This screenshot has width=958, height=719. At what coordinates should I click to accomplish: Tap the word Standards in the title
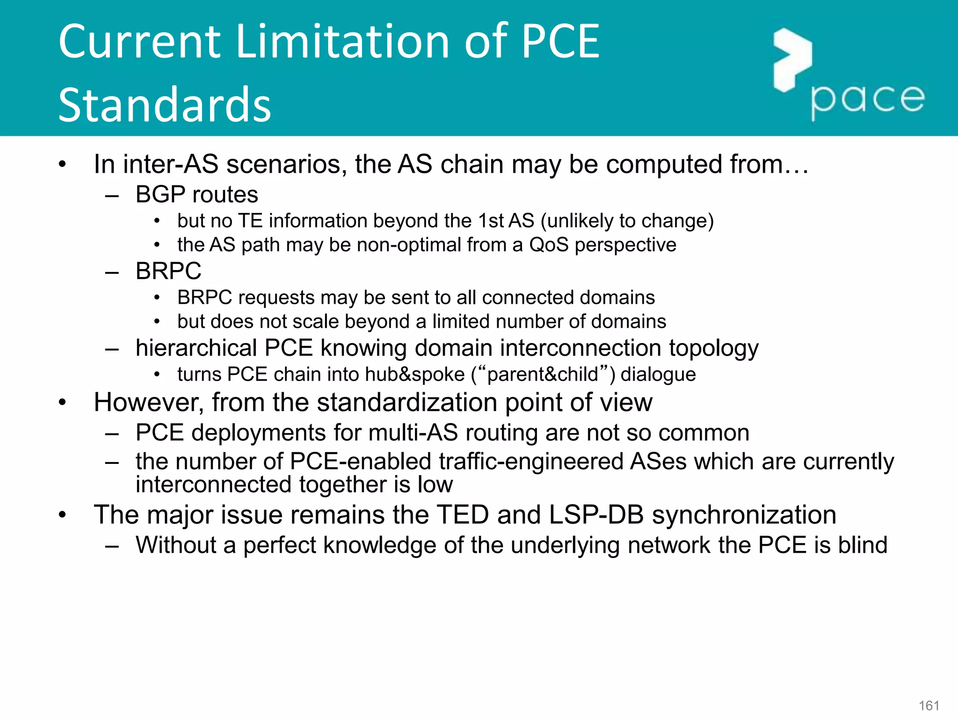165,105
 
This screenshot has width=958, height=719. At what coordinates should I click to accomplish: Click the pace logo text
867,99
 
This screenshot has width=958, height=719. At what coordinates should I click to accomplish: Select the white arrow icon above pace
792,59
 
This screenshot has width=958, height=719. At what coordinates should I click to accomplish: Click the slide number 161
929,705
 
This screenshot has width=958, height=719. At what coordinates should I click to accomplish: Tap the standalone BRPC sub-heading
168,271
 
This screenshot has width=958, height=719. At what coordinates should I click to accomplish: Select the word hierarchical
196,348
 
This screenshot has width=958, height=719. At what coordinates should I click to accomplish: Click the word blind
862,545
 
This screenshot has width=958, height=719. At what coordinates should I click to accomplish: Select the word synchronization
744,514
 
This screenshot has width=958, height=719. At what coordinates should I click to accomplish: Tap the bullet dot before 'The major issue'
63,515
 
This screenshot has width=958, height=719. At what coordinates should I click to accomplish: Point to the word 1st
490,220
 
